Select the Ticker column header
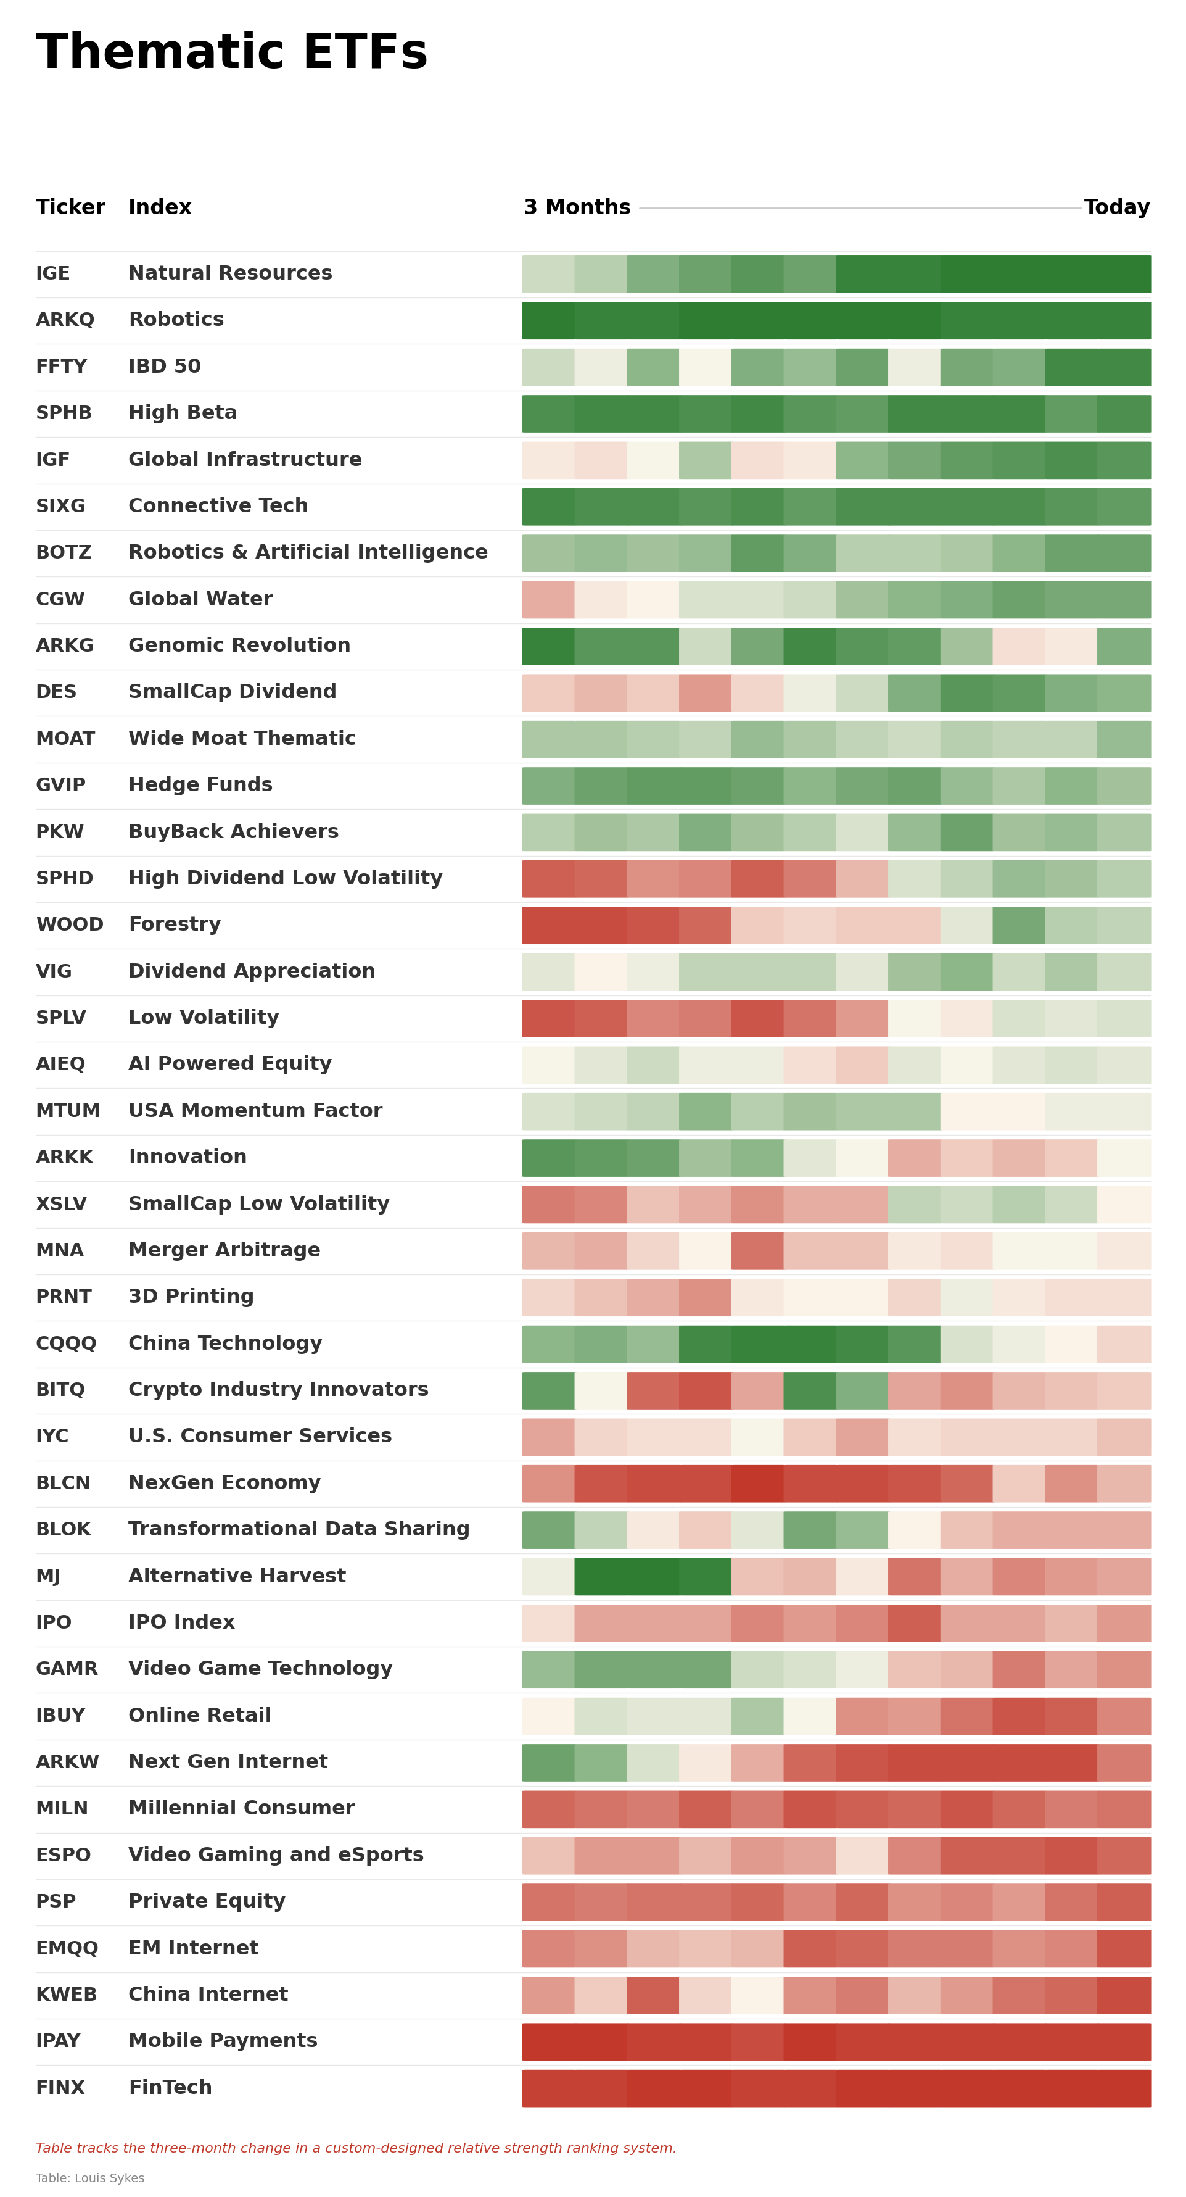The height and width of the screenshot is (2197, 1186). pyautogui.click(x=70, y=207)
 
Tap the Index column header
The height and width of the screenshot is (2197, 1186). pyautogui.click(x=160, y=207)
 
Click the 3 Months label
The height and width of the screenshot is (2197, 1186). pyautogui.click(x=577, y=207)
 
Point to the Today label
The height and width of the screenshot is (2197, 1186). pyautogui.click(x=1116, y=207)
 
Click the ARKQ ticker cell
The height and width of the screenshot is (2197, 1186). pyautogui.click(x=65, y=320)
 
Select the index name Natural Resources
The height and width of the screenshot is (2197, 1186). pyautogui.click(x=230, y=273)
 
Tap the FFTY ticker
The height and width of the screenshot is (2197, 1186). pyautogui.click(x=62, y=367)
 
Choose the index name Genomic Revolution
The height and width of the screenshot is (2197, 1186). pyautogui.click(x=239, y=646)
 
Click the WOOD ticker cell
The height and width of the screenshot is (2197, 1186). pyautogui.click(x=69, y=924)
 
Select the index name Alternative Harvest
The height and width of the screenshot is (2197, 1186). pyautogui.click(x=237, y=1576)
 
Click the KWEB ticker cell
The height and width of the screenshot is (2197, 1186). pyautogui.click(x=65, y=1994)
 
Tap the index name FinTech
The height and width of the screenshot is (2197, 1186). pyautogui.click(x=170, y=2087)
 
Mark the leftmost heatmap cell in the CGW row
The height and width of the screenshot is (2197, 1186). pyautogui.click(x=548, y=600)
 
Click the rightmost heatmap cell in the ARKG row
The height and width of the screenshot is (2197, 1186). pyautogui.click(x=1124, y=646)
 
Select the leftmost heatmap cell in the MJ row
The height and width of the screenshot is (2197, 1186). pyautogui.click(x=548, y=1576)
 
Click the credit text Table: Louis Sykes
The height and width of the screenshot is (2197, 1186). pyautogui.click(x=89, y=2177)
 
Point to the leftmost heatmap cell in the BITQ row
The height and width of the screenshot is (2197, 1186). pyautogui.click(x=548, y=1390)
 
